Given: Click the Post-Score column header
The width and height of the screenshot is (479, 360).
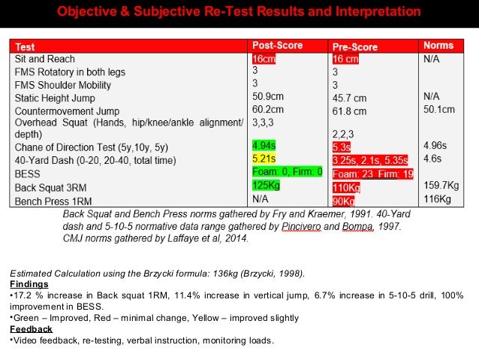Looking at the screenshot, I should (x=278, y=46).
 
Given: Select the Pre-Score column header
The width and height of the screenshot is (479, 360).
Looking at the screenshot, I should (x=355, y=47).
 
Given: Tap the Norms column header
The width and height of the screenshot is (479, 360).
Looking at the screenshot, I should (x=438, y=46).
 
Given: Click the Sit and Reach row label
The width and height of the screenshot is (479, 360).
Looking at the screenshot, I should (x=44, y=59).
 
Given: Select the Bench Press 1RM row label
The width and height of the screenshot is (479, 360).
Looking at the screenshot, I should (x=53, y=200).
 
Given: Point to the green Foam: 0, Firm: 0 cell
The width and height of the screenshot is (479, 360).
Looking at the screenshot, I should (x=288, y=172).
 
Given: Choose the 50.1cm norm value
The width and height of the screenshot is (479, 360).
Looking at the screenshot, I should (x=439, y=110).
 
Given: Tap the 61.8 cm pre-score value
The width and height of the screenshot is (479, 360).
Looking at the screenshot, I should (x=349, y=111).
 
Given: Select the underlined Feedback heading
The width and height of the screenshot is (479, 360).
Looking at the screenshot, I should (x=31, y=329).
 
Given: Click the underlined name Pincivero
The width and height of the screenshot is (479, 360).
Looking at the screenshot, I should (x=300, y=226).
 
